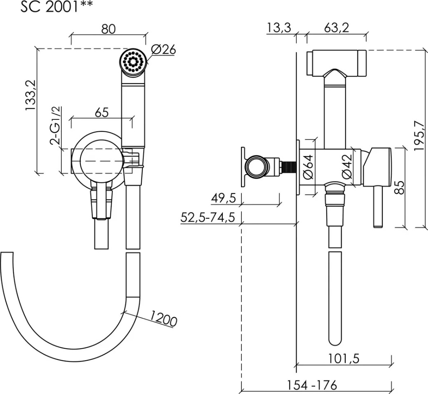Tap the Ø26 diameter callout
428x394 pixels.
click(x=163, y=49)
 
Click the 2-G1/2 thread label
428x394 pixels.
click(x=55, y=124)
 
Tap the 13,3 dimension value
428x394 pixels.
click(x=279, y=28)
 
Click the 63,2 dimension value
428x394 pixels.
click(x=336, y=28)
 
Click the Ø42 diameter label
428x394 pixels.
click(x=347, y=167)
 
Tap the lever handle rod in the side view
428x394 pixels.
click(x=378, y=206)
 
